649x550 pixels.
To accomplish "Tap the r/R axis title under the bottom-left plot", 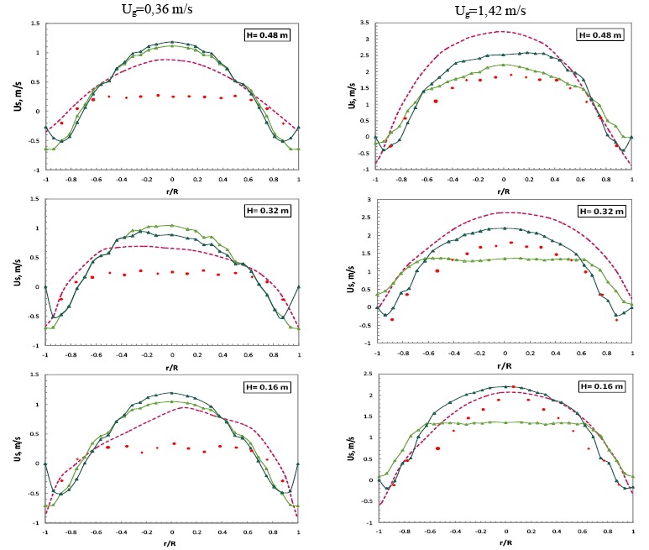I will click(172, 542).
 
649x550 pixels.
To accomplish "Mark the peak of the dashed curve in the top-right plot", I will click(502, 32).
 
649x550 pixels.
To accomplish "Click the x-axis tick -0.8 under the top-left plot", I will click(70, 179).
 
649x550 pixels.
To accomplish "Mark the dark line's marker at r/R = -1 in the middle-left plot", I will click(45, 287).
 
